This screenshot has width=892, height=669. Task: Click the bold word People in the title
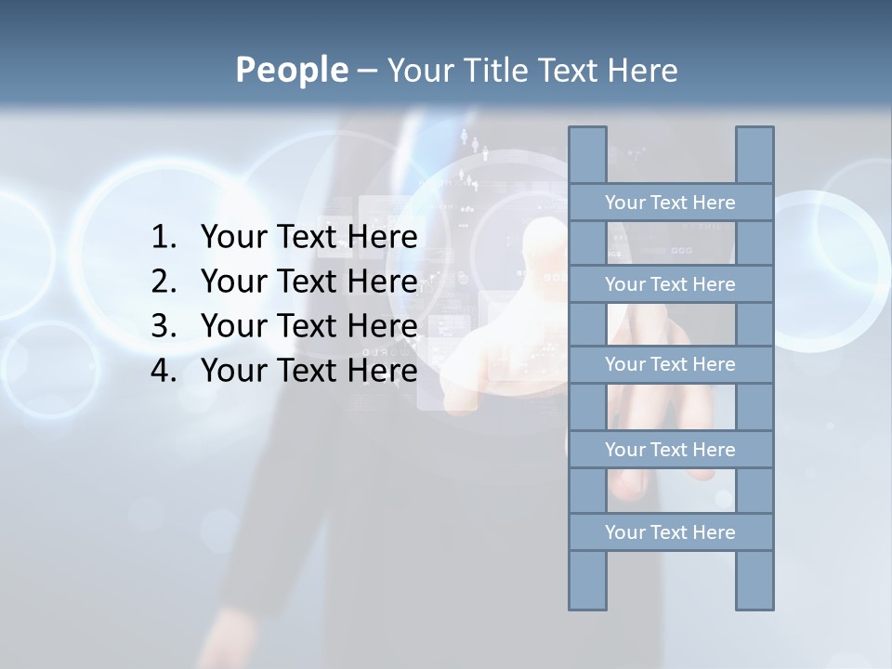(x=291, y=70)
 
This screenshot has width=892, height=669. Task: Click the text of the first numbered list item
(x=308, y=238)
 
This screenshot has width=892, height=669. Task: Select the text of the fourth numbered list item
(x=308, y=371)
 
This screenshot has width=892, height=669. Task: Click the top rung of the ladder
(x=670, y=203)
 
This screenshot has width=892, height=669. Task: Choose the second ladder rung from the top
(x=670, y=284)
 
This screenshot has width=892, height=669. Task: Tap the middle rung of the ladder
(x=670, y=364)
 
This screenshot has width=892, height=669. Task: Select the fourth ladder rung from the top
(x=670, y=450)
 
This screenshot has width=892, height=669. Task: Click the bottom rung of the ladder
(x=670, y=532)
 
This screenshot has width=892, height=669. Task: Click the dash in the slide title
(x=366, y=71)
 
